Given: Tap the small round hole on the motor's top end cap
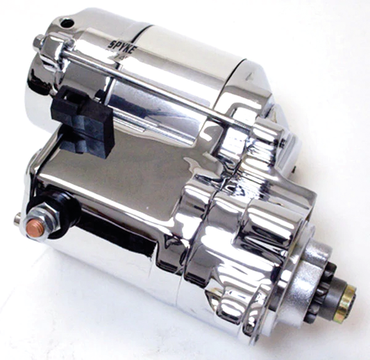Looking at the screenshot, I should [x=67, y=23].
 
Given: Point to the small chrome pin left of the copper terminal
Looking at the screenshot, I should [x=17, y=221].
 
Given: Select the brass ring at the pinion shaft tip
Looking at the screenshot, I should [x=344, y=304].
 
